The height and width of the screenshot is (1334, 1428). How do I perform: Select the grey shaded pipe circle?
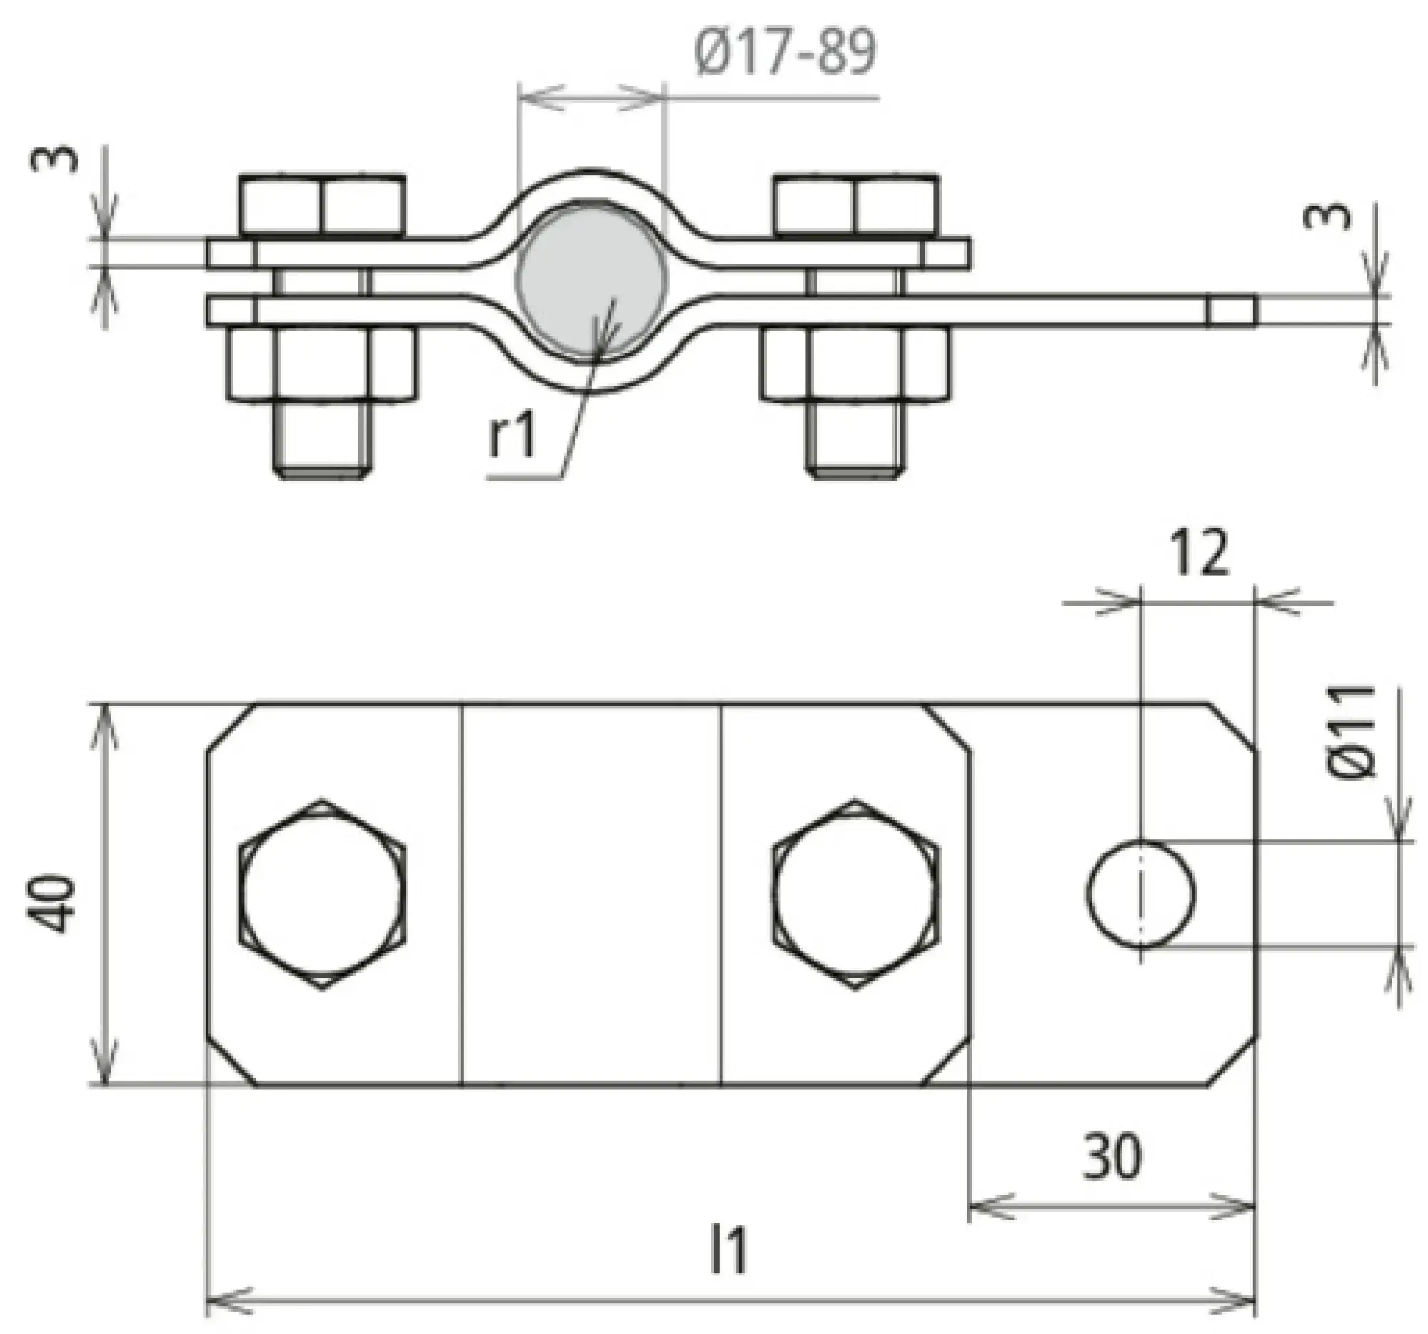click(x=590, y=280)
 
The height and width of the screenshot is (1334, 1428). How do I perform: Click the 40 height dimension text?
click(x=51, y=903)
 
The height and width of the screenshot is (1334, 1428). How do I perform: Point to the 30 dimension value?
click(x=1112, y=1157)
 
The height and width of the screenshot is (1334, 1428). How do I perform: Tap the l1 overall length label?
click(x=728, y=1250)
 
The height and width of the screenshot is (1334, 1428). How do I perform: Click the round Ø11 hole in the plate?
click(x=1141, y=894)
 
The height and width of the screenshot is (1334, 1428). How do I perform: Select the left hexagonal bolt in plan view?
click(x=322, y=894)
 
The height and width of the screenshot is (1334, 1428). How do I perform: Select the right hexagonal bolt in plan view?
click(x=855, y=894)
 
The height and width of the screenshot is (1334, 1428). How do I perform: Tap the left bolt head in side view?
click(x=322, y=205)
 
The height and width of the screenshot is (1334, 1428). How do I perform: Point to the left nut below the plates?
click(x=322, y=363)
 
